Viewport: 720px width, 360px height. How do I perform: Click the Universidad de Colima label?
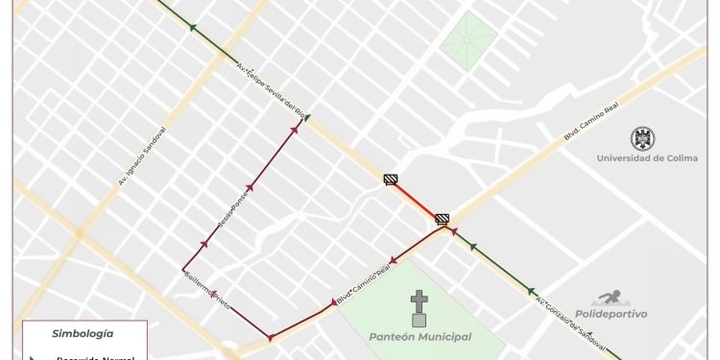coord(646,158)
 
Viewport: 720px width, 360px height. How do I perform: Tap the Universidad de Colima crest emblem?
coord(642,138)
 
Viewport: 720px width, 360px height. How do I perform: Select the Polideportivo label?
coord(611,314)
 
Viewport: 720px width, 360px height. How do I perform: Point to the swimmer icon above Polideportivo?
coord(611,299)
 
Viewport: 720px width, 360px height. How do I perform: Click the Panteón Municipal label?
coord(420,337)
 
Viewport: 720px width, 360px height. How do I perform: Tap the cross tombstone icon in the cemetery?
coord(419,308)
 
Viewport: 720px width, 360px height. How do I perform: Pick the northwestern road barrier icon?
coord(391,179)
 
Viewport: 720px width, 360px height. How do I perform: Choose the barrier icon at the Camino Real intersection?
coord(443,219)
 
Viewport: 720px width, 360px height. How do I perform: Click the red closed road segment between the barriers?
coord(417,200)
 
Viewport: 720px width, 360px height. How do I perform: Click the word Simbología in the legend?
coord(84,334)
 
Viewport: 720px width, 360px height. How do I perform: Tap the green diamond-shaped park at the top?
coord(468,41)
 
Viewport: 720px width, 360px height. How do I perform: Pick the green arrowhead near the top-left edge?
coord(194,28)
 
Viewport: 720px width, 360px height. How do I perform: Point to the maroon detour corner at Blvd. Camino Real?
coord(270,338)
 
